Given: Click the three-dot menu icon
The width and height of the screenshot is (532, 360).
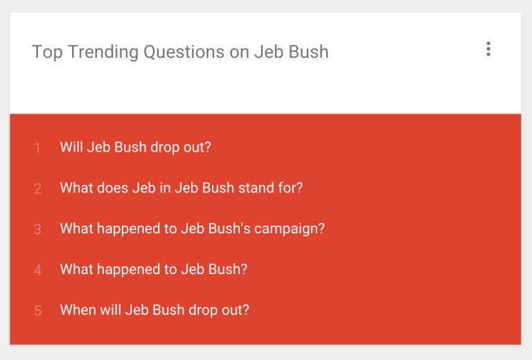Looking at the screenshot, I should coord(488,49).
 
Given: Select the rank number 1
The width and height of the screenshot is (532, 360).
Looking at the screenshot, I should coord(37,147).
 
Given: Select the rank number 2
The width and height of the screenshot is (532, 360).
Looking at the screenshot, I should coord(37,188).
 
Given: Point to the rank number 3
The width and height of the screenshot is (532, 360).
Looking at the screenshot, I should coord(37,229).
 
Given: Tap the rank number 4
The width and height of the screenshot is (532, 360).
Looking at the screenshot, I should coord(37,270).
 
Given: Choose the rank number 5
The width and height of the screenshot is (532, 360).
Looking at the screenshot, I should coord(37,311).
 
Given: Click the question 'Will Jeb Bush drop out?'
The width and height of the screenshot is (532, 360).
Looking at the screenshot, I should coord(136,147).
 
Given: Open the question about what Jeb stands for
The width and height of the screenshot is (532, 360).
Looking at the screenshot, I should coord(181,188).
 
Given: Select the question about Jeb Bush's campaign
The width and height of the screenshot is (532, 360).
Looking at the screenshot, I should coord(193,228).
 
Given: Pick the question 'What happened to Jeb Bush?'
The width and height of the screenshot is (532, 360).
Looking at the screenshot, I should coord(154,269).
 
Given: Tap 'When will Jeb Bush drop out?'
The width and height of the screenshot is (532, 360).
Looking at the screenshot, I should coord(154,310).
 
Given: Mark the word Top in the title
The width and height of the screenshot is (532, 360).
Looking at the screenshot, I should coord(46,52).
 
